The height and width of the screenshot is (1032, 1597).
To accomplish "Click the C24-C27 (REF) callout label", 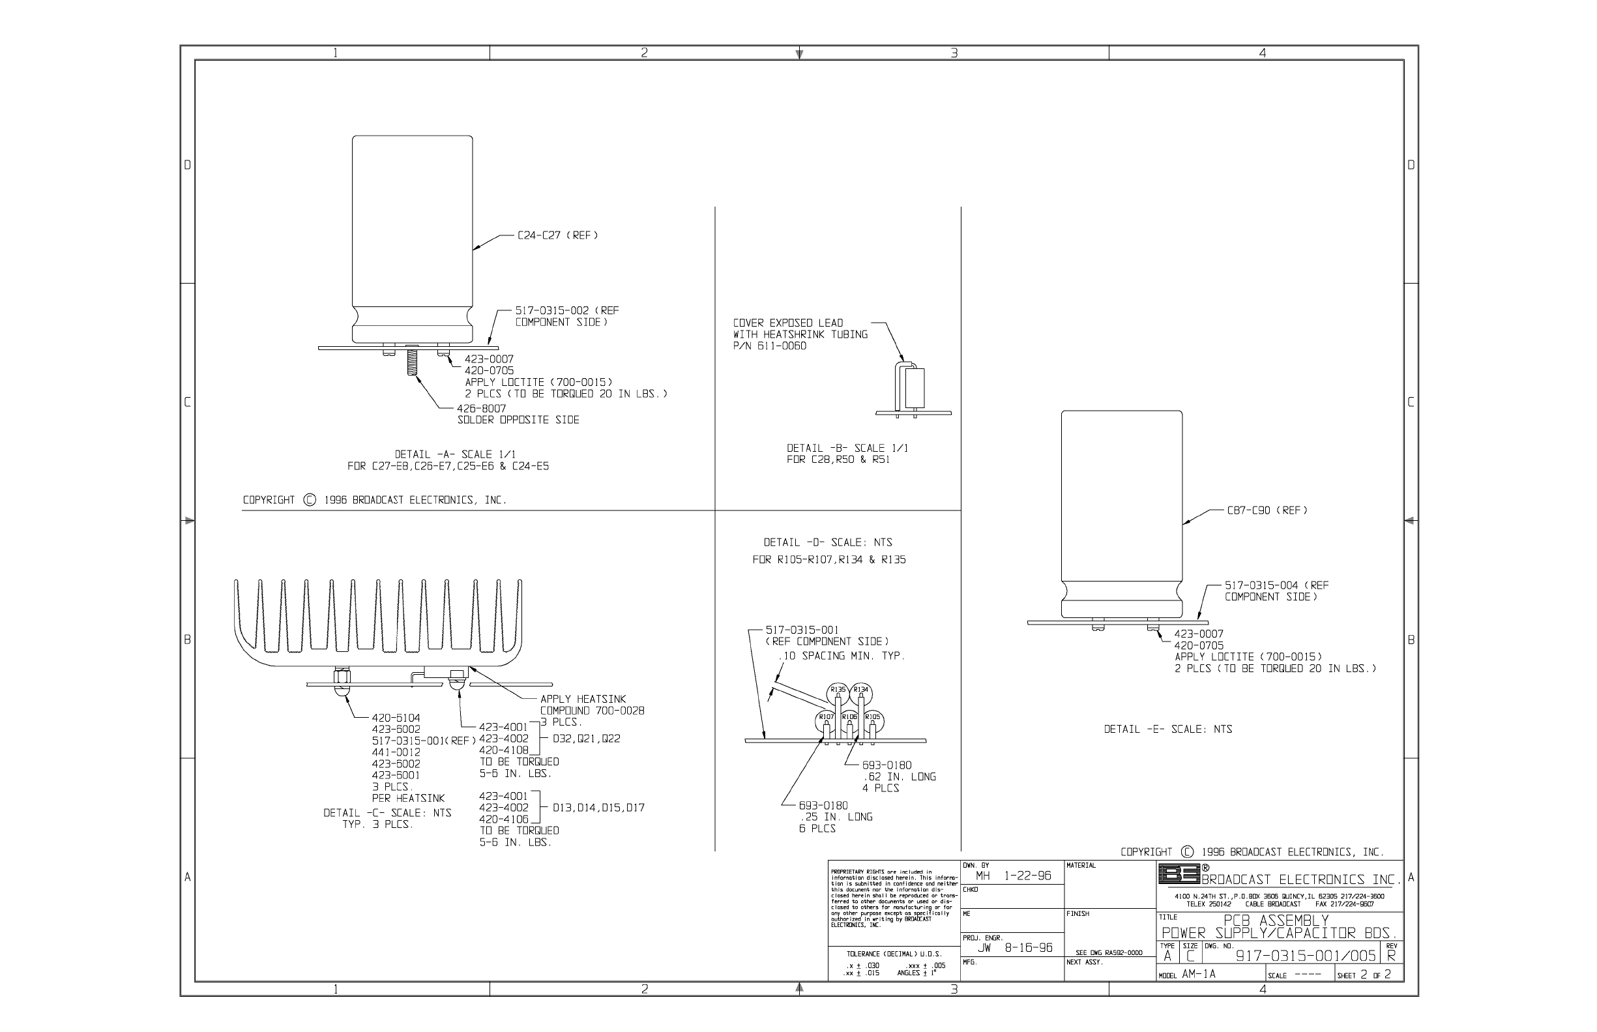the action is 557,235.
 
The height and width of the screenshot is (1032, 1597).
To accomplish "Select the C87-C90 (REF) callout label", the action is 1267,510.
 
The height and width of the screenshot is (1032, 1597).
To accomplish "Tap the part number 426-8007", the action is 482,408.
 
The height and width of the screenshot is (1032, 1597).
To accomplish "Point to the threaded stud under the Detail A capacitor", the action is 411,361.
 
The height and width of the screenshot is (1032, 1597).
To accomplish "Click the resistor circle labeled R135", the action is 838,690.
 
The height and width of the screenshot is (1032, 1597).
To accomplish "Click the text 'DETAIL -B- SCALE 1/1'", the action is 847,448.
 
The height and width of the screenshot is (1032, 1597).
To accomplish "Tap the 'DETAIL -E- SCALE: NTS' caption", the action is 1167,729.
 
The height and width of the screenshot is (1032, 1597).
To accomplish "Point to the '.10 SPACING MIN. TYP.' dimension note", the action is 842,655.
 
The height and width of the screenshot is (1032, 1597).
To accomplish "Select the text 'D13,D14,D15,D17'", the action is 598,808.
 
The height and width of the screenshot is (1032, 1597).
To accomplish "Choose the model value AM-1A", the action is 1199,975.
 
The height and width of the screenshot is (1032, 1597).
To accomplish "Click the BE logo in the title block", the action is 1179,874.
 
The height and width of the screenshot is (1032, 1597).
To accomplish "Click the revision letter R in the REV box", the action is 1390,956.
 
